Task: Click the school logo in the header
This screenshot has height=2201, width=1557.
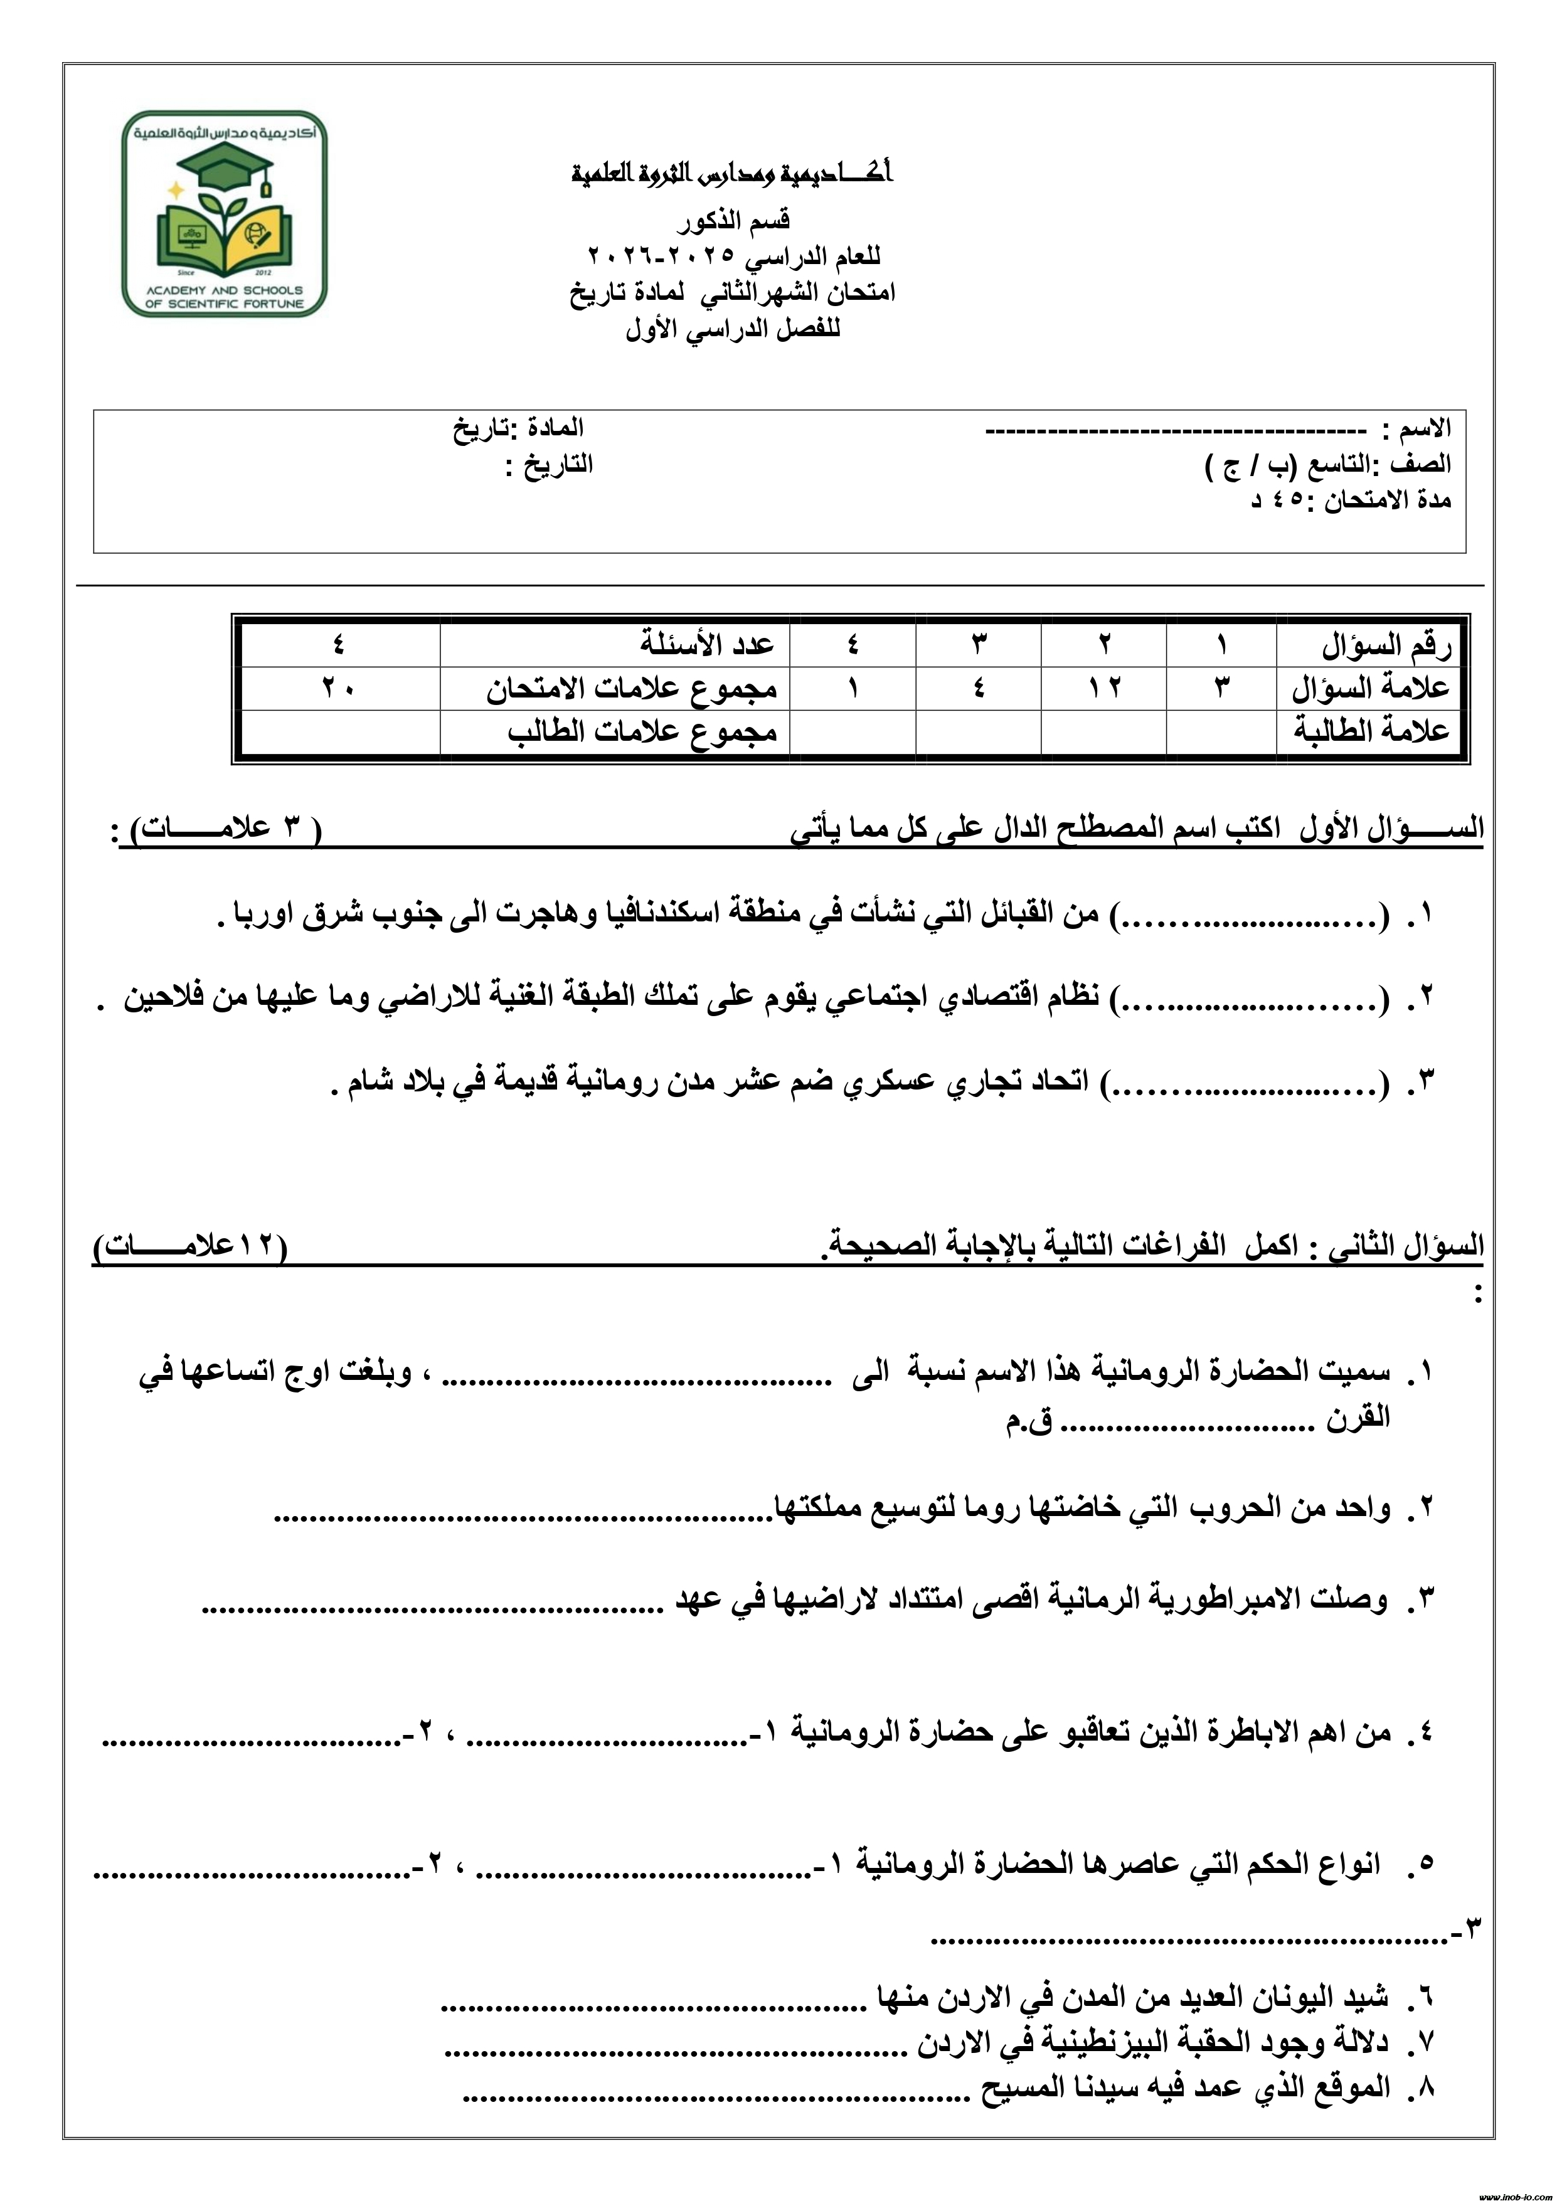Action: pyautogui.click(x=225, y=215)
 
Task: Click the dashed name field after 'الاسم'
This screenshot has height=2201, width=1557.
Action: pyautogui.click(x=1176, y=430)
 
